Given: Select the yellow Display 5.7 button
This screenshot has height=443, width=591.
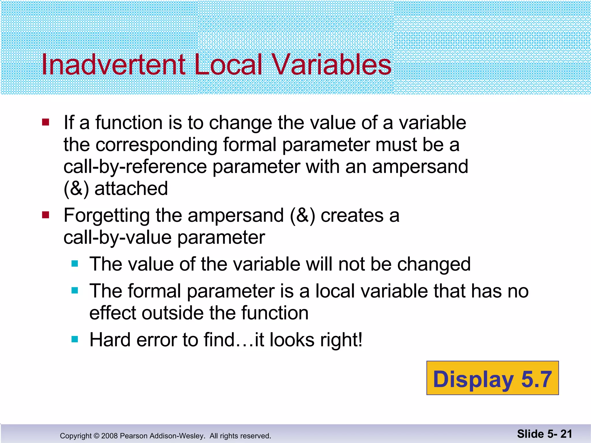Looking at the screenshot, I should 492,378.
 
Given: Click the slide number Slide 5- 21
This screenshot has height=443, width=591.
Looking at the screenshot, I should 544,434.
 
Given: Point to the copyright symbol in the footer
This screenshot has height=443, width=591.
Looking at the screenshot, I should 96,436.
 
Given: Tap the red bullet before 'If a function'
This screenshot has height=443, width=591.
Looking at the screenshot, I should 46,123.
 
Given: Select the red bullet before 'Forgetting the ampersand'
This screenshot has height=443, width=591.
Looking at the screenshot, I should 46,215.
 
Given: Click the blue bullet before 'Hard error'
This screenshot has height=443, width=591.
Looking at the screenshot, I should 75,339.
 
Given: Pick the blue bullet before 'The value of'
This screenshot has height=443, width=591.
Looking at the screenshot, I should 75,264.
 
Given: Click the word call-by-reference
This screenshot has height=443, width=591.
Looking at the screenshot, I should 135,167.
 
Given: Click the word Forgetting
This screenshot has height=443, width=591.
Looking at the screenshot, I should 106,216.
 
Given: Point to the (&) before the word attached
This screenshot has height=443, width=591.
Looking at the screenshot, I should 76,189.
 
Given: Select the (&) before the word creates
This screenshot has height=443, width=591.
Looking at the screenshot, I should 302,216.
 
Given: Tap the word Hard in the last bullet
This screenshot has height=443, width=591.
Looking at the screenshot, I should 110,340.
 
